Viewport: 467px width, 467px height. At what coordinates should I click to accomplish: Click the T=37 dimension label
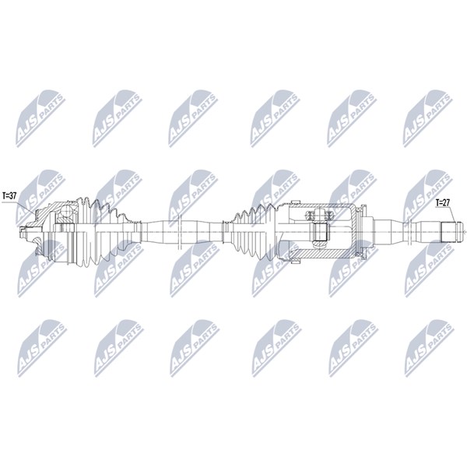click(x=9, y=195)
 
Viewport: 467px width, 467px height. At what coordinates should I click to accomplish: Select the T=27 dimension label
click(x=443, y=202)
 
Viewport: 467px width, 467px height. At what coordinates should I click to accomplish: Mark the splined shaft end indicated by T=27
click(x=448, y=232)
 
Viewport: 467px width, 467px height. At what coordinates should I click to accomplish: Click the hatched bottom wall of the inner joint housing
click(x=321, y=254)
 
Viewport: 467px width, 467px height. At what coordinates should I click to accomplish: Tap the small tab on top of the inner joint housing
click(x=295, y=202)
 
